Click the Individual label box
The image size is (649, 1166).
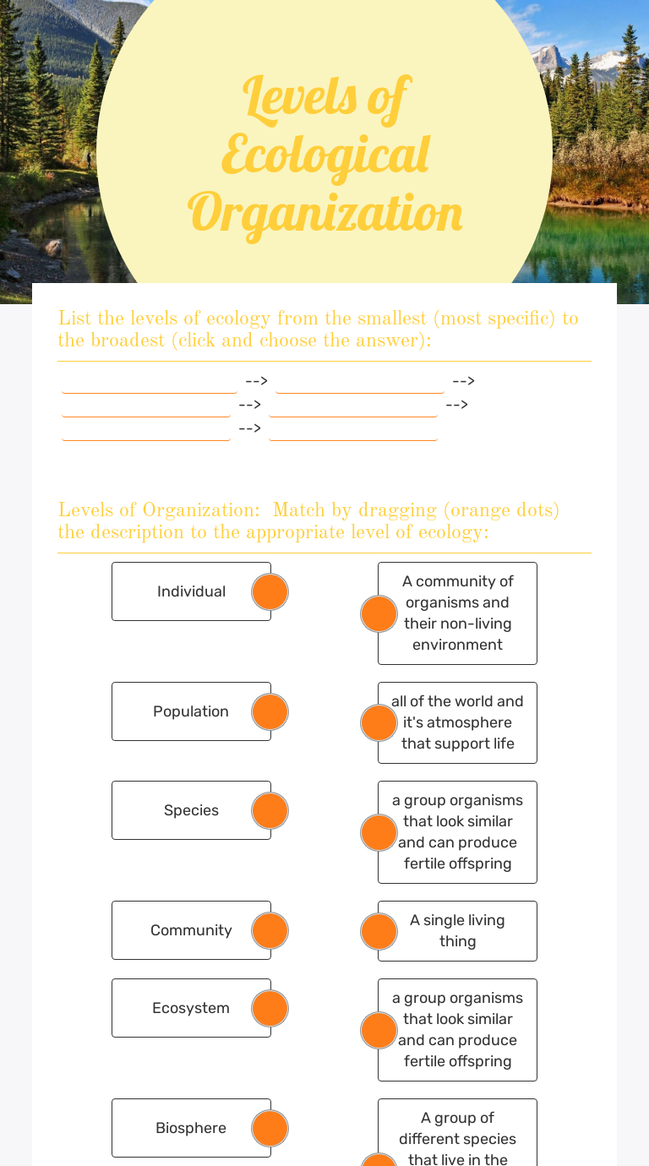191,591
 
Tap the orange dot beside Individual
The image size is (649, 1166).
270,591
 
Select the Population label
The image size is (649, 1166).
191,711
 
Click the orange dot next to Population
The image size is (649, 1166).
270,711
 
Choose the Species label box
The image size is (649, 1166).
191,810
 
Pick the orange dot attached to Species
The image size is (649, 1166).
270,810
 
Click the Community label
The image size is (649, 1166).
191,930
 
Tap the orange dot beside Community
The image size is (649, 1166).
270,930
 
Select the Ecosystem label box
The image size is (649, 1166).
191,1008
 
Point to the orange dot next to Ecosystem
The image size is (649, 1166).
270,1008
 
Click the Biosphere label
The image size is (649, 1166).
191,1128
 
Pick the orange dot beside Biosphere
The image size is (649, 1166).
270,1128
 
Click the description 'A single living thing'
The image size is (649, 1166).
457,931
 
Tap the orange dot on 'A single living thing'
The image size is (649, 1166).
379,931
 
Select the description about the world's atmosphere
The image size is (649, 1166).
457,722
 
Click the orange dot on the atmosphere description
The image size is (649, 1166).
379,722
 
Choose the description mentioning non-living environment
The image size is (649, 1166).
457,613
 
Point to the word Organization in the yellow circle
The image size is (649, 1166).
325,213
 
